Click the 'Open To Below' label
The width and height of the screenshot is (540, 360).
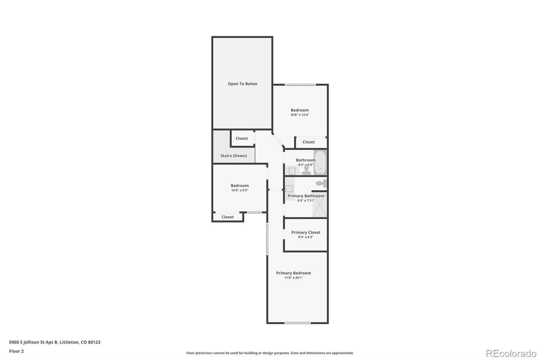click(x=242, y=84)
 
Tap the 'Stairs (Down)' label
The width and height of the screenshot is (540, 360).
click(x=234, y=156)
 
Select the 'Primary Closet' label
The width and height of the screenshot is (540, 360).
click(x=306, y=232)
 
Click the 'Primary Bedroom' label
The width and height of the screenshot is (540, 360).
click(x=294, y=273)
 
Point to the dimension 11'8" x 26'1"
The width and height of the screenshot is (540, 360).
click(x=294, y=278)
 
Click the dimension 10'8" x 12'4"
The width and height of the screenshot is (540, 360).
click(x=300, y=115)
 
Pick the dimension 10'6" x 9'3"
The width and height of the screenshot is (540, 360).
click(x=240, y=190)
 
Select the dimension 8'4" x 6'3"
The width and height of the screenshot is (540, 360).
click(x=306, y=237)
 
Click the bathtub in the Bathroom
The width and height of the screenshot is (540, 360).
click(x=320, y=162)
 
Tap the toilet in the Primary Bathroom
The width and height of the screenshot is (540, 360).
click(x=321, y=184)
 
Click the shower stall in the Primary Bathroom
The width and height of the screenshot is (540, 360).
click(x=320, y=205)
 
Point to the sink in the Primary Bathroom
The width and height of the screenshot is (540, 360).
click(x=289, y=189)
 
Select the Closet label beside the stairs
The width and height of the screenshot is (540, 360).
click(x=242, y=138)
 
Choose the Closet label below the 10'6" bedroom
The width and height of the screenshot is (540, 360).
click(x=227, y=217)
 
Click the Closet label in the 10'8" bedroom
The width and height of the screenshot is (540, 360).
click(x=308, y=142)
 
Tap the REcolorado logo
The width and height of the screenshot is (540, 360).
click(x=511, y=353)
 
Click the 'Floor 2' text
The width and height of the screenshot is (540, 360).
click(x=16, y=351)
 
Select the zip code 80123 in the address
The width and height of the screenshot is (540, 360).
click(x=94, y=342)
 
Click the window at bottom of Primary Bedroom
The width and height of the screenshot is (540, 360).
click(x=297, y=323)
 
